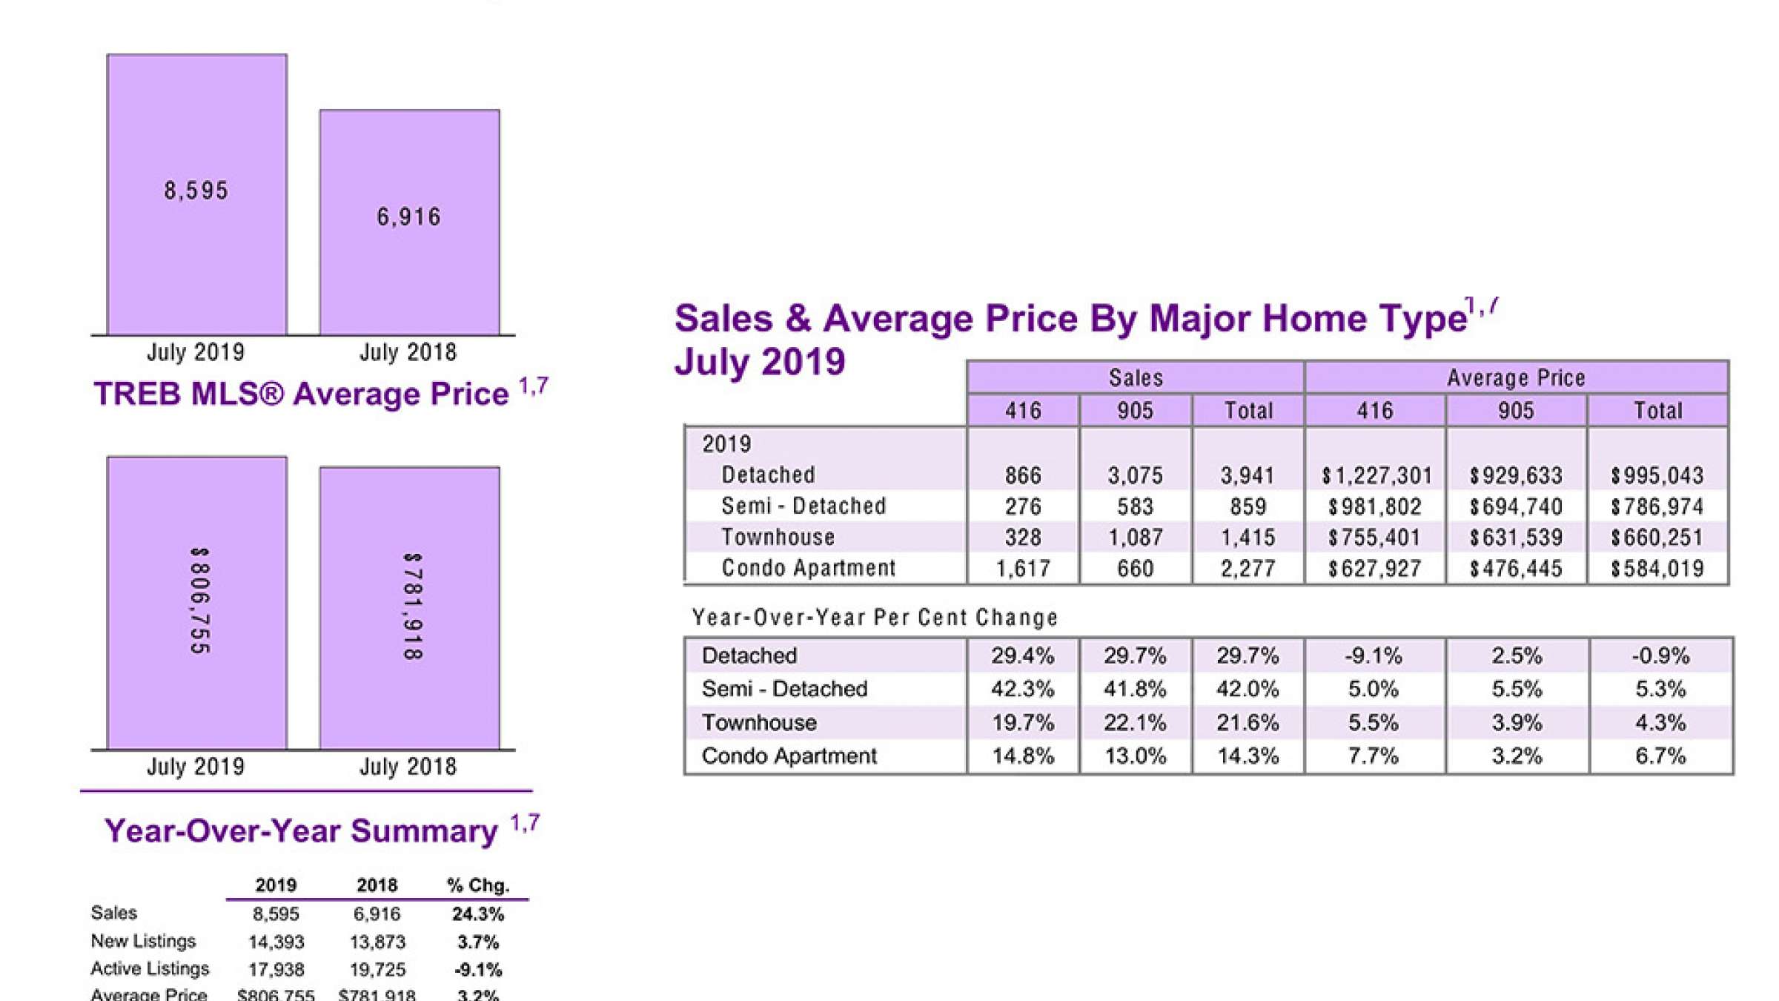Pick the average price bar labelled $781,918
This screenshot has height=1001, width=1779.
point(409,608)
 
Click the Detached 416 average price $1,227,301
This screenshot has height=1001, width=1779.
point(1375,475)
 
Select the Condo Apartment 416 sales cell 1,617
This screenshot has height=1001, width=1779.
point(1023,569)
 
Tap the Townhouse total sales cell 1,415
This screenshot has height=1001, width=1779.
point(1248,538)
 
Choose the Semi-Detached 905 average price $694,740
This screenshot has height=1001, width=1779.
point(1516,506)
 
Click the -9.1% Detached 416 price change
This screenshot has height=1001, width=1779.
point(1374,656)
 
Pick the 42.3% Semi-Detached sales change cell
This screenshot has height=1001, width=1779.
point(1023,690)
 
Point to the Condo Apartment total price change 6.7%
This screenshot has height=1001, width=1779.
point(1660,756)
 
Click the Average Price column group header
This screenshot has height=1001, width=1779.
point(1516,378)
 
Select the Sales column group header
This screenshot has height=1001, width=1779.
point(1136,378)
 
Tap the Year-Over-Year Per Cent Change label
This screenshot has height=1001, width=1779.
point(875,618)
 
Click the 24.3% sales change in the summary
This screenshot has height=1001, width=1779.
point(478,914)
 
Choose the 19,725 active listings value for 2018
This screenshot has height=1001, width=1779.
point(377,970)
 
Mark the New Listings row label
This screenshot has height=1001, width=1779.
point(143,942)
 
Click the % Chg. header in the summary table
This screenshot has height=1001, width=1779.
point(478,885)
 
